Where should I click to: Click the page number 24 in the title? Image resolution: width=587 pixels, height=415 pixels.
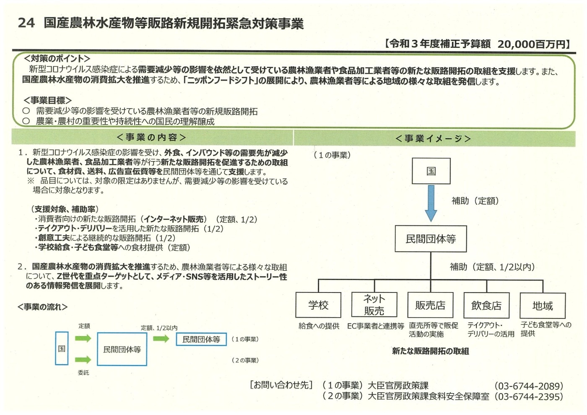click(x=26, y=23)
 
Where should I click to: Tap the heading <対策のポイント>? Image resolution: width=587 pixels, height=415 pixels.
click(x=57, y=58)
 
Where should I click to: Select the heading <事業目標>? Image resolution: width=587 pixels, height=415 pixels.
click(x=47, y=100)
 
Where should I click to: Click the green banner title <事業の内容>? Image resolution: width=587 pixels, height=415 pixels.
click(x=151, y=137)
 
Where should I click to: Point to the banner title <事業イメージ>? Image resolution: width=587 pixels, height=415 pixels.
click(x=433, y=138)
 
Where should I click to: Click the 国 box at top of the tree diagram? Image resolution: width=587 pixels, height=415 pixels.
click(x=431, y=171)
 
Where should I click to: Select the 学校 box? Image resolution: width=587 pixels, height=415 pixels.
click(x=318, y=305)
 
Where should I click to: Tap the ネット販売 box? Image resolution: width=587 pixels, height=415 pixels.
click(x=374, y=305)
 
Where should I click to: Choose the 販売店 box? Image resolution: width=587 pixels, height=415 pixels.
click(x=430, y=305)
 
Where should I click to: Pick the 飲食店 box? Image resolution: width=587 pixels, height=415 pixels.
click(x=486, y=305)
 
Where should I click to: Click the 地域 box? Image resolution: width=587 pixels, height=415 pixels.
click(x=543, y=305)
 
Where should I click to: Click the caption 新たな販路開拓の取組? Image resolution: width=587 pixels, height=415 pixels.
click(x=430, y=351)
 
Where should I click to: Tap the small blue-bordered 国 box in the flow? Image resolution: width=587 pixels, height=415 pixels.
click(x=62, y=348)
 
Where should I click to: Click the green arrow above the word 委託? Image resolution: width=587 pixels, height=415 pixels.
click(x=83, y=359)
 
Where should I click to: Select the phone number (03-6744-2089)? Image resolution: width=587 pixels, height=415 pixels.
click(x=529, y=386)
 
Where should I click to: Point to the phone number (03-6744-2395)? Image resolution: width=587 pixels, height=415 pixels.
click(x=529, y=397)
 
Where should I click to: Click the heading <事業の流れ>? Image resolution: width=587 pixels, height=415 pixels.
click(x=42, y=307)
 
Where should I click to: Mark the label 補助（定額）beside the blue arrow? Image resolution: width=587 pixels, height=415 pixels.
click(x=475, y=201)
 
